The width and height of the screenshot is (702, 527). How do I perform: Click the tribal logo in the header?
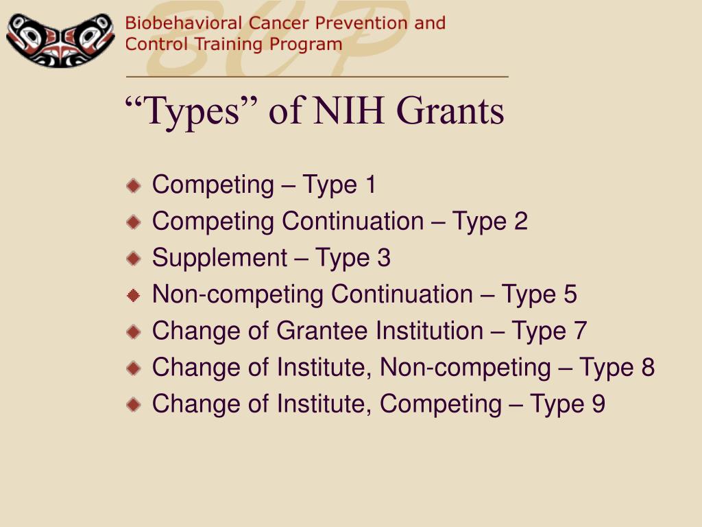point(60,40)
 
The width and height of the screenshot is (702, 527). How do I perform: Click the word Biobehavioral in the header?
point(184,23)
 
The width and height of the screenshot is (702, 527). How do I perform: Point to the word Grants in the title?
point(450,110)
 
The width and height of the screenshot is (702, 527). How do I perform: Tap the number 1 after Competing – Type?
point(370,184)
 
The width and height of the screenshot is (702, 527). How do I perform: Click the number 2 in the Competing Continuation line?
point(521,221)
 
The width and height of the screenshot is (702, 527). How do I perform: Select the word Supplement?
point(219,258)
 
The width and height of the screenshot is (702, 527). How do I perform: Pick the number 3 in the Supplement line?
point(384,258)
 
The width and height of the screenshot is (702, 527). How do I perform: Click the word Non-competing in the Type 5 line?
point(237,295)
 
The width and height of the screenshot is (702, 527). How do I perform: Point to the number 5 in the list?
point(570,294)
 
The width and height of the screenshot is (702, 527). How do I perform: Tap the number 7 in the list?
point(580,331)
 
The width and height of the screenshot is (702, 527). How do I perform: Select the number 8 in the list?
point(648,368)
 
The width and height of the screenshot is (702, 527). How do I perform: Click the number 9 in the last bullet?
point(598,403)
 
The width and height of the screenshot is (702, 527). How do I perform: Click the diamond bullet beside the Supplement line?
point(134,259)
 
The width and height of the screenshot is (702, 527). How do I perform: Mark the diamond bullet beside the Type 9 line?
point(134,405)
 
